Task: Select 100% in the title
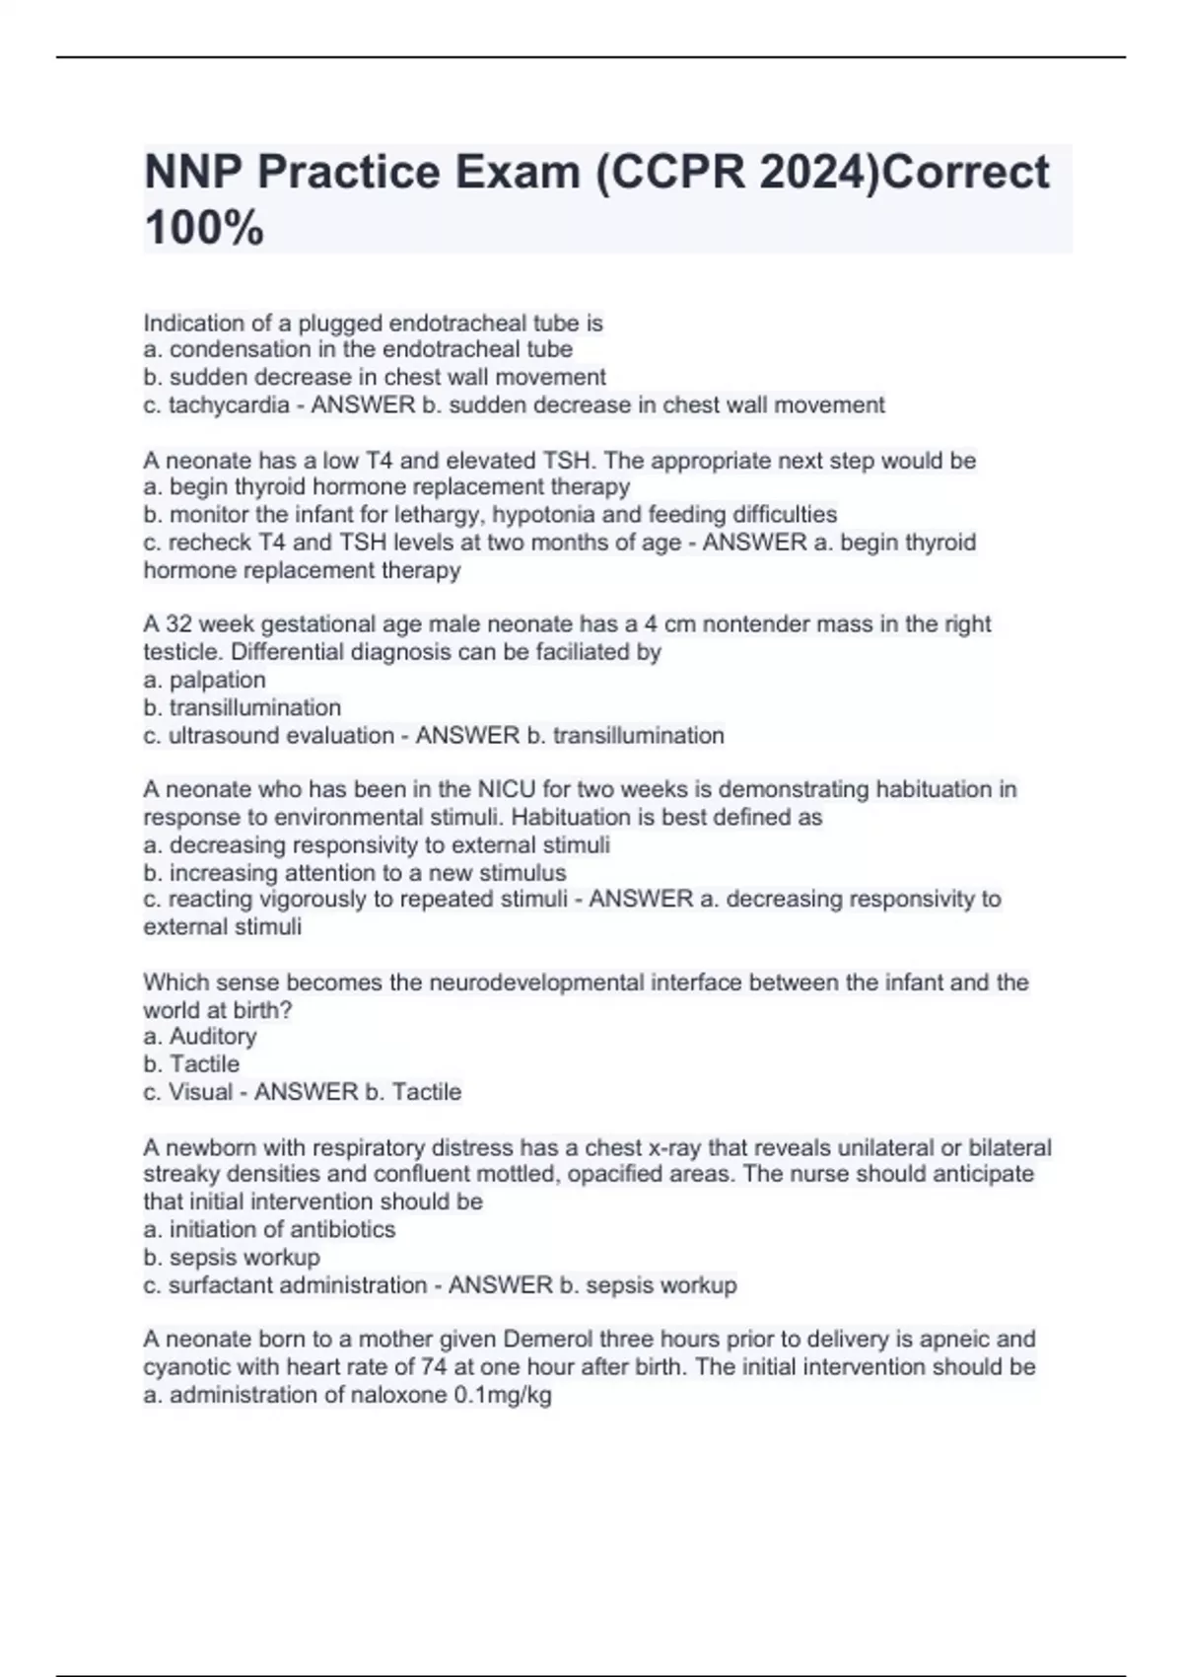pos(204,229)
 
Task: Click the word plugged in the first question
pos(340,324)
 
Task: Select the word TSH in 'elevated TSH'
pos(566,461)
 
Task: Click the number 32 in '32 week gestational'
pos(178,624)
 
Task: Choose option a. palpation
pos(205,680)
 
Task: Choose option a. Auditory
pos(200,1037)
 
